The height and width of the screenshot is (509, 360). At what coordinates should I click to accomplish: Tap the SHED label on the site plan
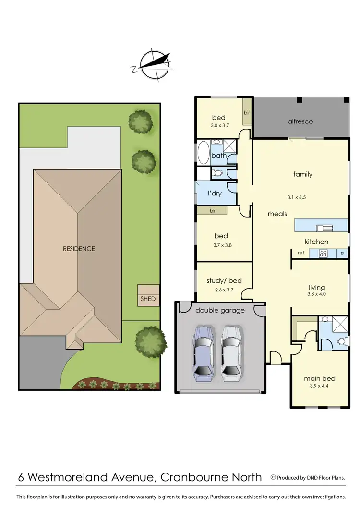148,298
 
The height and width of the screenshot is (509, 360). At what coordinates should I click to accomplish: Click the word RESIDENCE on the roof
79,249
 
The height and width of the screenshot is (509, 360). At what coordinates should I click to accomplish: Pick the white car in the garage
230,353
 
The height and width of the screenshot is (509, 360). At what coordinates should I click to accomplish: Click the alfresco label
300,121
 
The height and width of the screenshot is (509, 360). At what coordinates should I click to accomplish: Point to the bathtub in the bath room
203,153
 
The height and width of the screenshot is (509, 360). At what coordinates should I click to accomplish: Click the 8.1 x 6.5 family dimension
302,196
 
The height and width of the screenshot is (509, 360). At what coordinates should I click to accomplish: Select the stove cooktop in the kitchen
324,253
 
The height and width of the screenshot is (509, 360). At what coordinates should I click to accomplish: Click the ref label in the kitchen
301,253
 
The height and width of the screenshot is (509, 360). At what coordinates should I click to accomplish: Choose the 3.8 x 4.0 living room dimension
317,294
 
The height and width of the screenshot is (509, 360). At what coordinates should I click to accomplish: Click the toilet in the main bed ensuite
341,341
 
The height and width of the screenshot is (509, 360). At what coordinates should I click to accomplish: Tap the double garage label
220,310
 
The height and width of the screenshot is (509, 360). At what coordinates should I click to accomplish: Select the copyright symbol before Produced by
273,477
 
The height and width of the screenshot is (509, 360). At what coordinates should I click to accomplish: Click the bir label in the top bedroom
247,113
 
